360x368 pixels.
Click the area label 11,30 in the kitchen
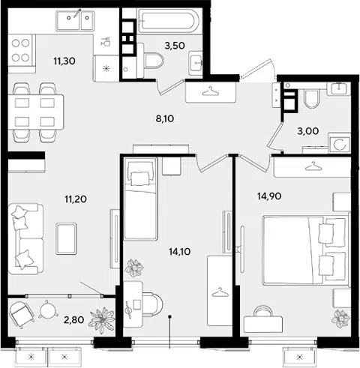(64, 61)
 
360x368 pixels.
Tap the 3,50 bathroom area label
(175, 46)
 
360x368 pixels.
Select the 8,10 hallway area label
(165, 118)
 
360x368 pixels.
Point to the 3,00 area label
(307, 131)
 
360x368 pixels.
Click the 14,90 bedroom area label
(269, 196)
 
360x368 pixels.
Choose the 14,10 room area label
(179, 252)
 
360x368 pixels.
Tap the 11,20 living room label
(76, 199)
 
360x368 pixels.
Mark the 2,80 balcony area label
(73, 319)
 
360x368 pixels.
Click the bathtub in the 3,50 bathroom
(169, 21)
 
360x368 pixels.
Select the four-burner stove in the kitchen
(21, 51)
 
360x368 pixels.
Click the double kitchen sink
(75, 20)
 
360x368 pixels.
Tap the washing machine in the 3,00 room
(340, 145)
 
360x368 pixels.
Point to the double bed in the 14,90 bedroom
(305, 250)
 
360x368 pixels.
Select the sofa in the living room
(25, 239)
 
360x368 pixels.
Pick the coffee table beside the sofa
(66, 238)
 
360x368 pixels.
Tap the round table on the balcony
(48, 310)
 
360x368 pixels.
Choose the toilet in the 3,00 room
(312, 99)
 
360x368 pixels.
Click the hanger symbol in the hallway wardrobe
(211, 91)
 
